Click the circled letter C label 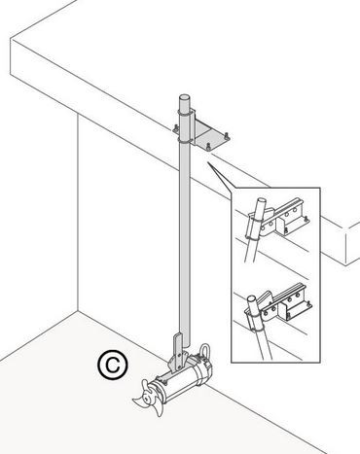point(113,365)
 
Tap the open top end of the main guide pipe point(184,97)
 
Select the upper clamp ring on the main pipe point(185,113)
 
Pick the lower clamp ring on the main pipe point(185,140)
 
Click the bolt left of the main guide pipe point(175,128)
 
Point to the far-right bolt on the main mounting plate point(227,137)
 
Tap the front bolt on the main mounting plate point(208,148)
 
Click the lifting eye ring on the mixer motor point(205,351)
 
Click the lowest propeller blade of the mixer point(158,408)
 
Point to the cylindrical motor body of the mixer point(182,379)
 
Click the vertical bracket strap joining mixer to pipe point(178,352)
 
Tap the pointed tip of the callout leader point(206,162)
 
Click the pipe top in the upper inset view point(262,201)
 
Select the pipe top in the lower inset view point(252,298)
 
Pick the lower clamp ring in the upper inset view point(252,238)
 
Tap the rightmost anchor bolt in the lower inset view point(310,304)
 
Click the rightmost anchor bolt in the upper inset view point(306,221)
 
